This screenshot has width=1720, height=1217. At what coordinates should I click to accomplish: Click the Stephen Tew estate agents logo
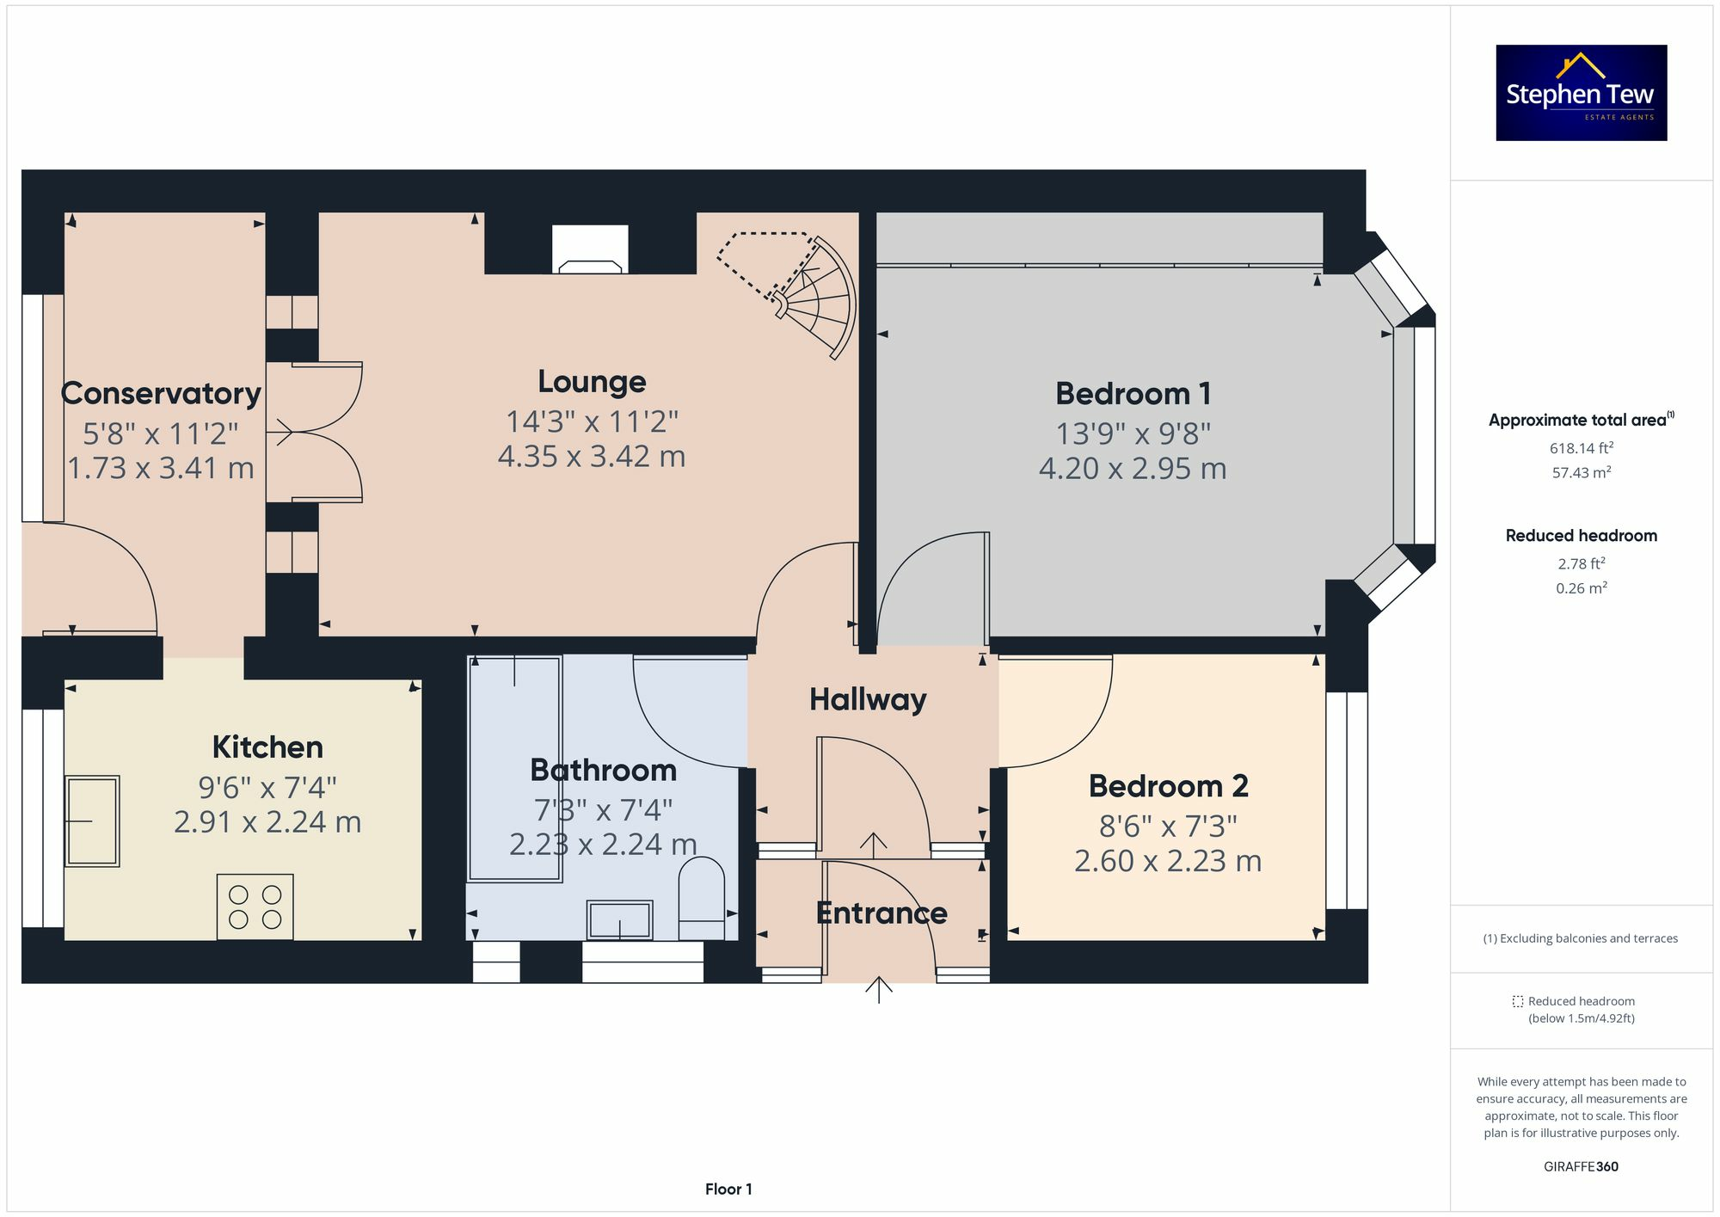tap(1581, 93)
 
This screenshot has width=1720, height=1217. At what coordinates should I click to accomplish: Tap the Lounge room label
tap(592, 382)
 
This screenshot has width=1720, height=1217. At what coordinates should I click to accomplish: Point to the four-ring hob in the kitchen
tap(255, 907)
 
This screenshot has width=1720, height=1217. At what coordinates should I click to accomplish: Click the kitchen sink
tap(92, 821)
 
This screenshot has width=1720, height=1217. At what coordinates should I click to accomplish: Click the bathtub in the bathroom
tap(514, 768)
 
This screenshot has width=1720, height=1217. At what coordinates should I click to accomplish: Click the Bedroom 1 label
tap(1133, 394)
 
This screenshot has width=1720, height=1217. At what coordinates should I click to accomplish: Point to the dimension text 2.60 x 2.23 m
tap(1167, 861)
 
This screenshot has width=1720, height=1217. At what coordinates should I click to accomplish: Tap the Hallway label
tap(868, 699)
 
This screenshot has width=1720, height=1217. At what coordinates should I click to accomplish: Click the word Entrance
tap(881, 913)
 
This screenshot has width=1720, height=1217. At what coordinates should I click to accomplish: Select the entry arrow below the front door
tap(878, 990)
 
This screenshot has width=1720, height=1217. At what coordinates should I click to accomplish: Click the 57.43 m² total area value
tap(1581, 472)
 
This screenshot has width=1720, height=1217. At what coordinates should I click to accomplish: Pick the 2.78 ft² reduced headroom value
tap(1581, 564)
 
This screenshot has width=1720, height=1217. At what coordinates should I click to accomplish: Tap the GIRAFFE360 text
tap(1581, 1166)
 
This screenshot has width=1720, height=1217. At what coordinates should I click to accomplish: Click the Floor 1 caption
tap(728, 1189)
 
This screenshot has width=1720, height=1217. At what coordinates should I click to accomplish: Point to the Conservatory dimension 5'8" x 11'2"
tap(161, 433)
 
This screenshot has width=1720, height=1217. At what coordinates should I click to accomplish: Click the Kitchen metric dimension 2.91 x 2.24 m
tap(267, 822)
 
